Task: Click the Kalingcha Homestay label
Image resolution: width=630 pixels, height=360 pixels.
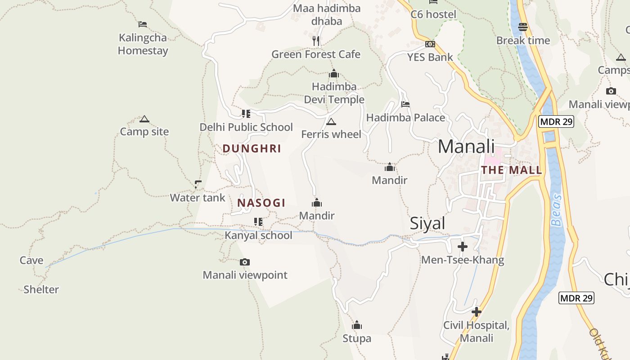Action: coord(143,44)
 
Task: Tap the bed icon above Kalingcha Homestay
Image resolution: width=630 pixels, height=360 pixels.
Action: coord(143,24)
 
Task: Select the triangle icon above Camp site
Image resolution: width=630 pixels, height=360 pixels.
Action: coord(144,119)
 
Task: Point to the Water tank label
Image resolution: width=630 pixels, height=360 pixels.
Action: coord(198,198)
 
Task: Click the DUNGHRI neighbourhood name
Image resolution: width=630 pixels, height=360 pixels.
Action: coord(252,148)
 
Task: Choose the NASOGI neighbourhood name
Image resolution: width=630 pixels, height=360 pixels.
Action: coord(261,203)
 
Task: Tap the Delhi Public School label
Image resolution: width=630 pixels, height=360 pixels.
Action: coord(246,127)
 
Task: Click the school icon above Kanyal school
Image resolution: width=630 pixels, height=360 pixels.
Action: coord(258,221)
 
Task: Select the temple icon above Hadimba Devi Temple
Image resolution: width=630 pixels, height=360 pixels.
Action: coord(334,73)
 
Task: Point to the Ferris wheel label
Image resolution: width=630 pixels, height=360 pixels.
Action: coord(331,134)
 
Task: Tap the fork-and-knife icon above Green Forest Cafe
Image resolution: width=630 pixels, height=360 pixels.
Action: coord(316,41)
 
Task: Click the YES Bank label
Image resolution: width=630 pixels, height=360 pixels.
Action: coord(430,57)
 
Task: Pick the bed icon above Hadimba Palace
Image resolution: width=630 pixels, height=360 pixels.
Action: coord(405,104)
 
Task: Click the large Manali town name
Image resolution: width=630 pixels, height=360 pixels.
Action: coord(466,147)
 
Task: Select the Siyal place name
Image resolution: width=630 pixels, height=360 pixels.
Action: coord(427,224)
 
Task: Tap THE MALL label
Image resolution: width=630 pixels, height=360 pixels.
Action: coord(512,170)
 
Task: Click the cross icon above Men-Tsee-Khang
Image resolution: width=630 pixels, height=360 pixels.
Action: coord(463,247)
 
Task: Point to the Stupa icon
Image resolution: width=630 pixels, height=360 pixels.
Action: coord(357,325)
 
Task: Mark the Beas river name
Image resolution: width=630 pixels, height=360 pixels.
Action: coord(557,210)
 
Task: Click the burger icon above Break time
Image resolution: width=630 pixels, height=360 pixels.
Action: coord(523,27)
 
